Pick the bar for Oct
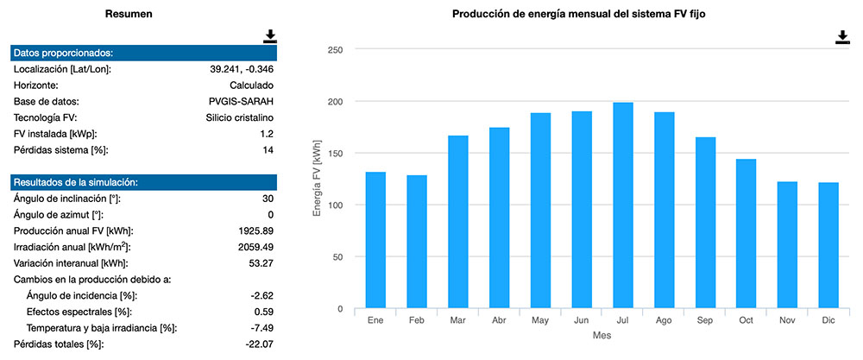(746, 234)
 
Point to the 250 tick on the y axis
(336, 50)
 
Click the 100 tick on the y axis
(336, 205)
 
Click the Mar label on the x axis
(457, 320)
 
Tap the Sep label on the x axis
(704, 320)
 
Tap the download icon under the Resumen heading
(270, 35)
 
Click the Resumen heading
(129, 15)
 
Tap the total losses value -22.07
(258, 344)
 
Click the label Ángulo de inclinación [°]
(67, 199)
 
